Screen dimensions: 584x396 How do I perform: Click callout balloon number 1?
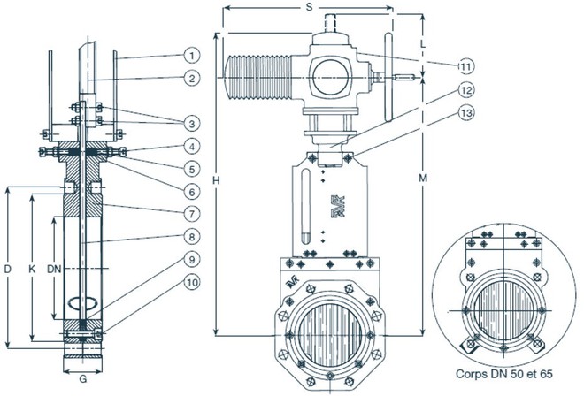tap(192, 56)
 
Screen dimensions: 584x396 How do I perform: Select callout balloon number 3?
tap(192, 124)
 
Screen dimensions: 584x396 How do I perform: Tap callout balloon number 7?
tap(192, 214)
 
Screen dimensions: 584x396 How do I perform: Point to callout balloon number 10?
tap(192, 282)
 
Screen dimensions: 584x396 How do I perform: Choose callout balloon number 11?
tap(465, 66)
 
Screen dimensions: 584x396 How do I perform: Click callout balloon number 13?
tap(465, 112)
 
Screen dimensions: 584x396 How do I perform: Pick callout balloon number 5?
tap(192, 170)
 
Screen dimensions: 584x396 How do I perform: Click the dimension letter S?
tap(309, 7)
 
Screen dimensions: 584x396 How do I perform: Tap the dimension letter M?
tap(423, 179)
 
